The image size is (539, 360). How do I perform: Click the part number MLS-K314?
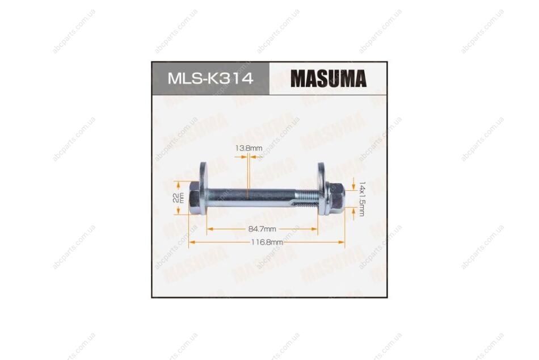[x=210, y=78]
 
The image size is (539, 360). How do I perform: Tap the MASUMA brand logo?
[x=329, y=78]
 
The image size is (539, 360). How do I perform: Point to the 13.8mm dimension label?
[x=249, y=148]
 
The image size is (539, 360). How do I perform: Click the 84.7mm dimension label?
[x=262, y=229]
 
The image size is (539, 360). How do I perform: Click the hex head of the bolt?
[x=194, y=198]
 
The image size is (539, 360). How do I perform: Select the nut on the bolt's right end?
[x=335, y=199]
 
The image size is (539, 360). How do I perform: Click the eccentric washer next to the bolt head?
[x=203, y=189]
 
